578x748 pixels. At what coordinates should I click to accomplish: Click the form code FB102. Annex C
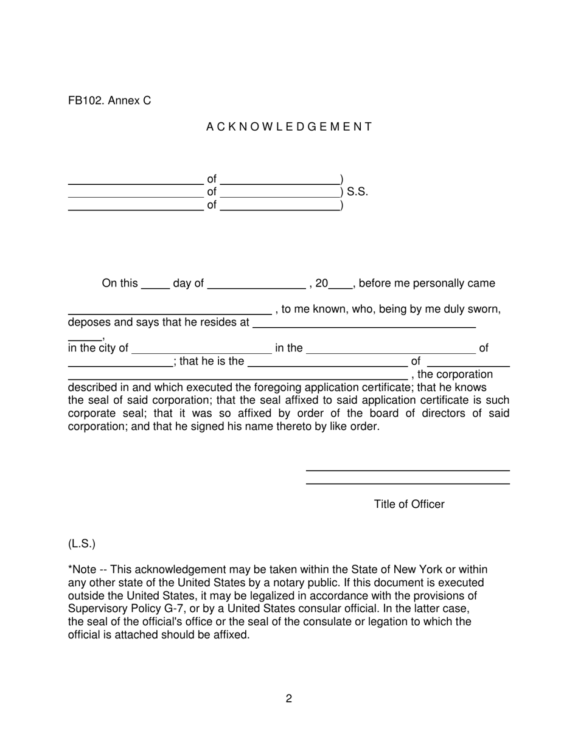click(110, 101)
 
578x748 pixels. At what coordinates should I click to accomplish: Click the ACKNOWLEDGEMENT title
click(289, 127)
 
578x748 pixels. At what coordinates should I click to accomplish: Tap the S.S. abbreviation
click(357, 192)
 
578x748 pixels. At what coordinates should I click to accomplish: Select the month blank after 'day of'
click(256, 286)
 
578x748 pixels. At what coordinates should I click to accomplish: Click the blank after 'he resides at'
click(363, 325)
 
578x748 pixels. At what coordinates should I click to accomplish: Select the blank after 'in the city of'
click(201, 351)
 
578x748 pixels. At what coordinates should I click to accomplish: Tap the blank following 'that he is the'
click(327, 364)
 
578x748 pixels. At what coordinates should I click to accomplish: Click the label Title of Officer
click(409, 505)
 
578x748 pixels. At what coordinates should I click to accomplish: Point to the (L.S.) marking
click(82, 544)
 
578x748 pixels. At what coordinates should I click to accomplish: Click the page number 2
click(289, 699)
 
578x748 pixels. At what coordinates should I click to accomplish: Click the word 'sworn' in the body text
click(484, 310)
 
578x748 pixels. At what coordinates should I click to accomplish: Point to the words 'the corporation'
click(455, 374)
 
